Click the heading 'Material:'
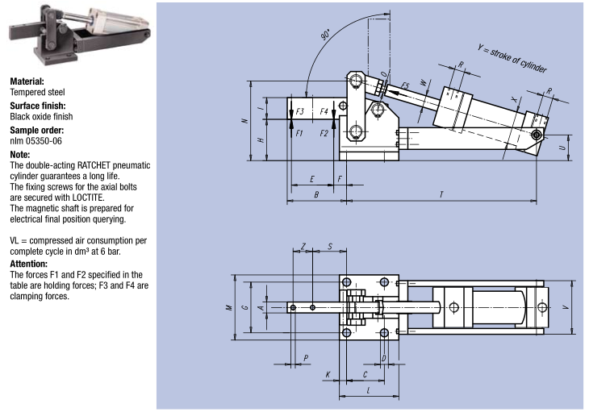click(x=27, y=81)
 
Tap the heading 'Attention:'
click(x=30, y=264)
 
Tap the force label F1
click(x=299, y=132)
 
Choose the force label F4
click(x=324, y=111)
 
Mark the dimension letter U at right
click(x=562, y=148)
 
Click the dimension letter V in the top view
click(x=564, y=307)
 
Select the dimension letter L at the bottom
click(x=368, y=390)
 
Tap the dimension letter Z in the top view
click(x=303, y=245)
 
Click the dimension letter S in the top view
click(x=330, y=245)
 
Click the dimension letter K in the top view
click(x=328, y=375)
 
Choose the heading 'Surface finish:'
click(x=38, y=106)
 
